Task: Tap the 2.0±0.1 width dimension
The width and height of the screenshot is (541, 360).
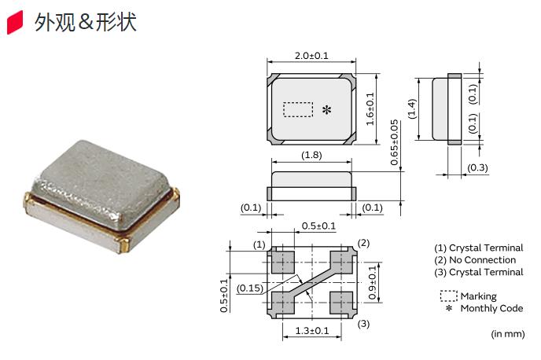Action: click(x=311, y=56)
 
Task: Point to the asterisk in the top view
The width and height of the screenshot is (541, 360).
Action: click(x=326, y=110)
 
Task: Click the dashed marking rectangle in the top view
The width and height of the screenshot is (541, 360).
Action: click(x=298, y=110)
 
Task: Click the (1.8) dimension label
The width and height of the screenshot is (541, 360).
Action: click(x=311, y=155)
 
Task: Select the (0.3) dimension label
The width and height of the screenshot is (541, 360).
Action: click(x=478, y=168)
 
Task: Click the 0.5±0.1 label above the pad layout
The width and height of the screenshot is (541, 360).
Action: click(x=319, y=226)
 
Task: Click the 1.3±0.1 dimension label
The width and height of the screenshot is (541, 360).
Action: click(x=311, y=331)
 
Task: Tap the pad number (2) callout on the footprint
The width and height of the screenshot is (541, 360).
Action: click(x=363, y=243)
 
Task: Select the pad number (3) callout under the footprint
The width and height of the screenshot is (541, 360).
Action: click(x=363, y=324)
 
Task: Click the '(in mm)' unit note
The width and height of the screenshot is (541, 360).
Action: click(x=508, y=334)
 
